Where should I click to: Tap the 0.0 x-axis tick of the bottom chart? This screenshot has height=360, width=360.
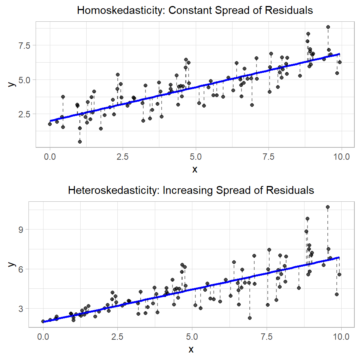pyautogui.click(x=43, y=336)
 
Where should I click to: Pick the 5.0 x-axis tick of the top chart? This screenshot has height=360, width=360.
pyautogui.click(x=195, y=156)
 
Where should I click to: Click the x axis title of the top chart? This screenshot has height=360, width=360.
pyautogui.click(x=195, y=169)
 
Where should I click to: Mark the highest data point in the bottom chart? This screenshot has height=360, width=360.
pyautogui.click(x=328, y=207)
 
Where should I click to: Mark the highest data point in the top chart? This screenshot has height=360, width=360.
pyautogui.click(x=328, y=27)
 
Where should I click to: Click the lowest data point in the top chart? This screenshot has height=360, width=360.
pyautogui.click(x=80, y=141)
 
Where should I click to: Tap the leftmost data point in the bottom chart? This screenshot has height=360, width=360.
pyautogui.click(x=43, y=321)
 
